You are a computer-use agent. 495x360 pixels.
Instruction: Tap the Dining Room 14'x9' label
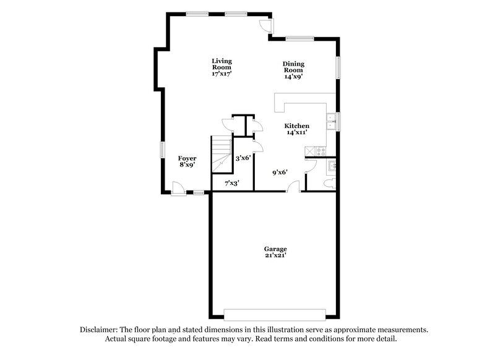pyautogui.click(x=293, y=70)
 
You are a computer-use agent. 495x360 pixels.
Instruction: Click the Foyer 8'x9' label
pyautogui.click(x=187, y=161)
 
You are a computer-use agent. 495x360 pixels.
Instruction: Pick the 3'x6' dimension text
pyautogui.click(x=242, y=158)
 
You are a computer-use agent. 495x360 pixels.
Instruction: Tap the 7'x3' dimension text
pyautogui.click(x=231, y=183)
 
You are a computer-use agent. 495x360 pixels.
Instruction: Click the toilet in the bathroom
pyautogui.click(x=330, y=183)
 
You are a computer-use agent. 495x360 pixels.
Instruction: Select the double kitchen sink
pyautogui.click(x=332, y=121)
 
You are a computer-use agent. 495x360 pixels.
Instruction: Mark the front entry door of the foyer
pyautogui.click(x=178, y=187)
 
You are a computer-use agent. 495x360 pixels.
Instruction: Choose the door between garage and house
pyautogui.click(x=296, y=186)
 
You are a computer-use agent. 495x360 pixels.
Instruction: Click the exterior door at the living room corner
pyautogui.click(x=264, y=25)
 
